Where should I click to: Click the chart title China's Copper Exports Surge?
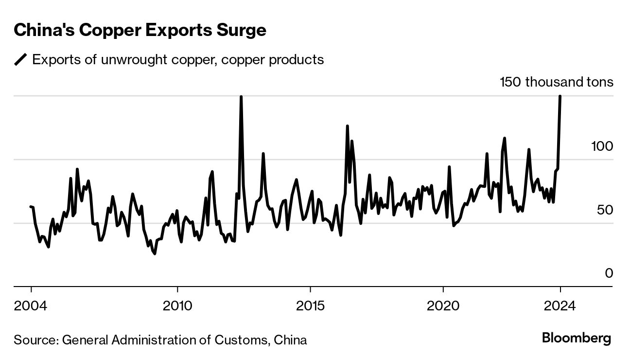click(140, 30)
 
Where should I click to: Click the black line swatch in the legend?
click(21, 60)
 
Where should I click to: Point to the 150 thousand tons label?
click(556, 82)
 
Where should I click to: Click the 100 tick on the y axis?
click(602, 146)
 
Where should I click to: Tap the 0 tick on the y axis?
click(609, 273)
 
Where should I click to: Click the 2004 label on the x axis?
click(31, 306)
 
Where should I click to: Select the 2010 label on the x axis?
click(177, 306)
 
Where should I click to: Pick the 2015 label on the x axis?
click(310, 306)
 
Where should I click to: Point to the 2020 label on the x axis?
click(443, 306)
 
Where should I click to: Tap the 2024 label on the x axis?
click(560, 306)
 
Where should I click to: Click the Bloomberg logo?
click(577, 338)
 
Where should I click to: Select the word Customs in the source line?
click(243, 339)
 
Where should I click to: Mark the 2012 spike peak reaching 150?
click(241, 97)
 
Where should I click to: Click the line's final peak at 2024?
click(560, 97)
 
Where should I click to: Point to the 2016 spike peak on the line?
click(347, 126)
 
